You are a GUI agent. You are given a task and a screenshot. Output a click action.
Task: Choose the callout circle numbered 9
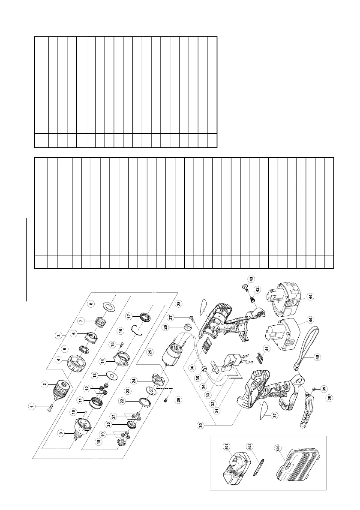click(61, 433)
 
